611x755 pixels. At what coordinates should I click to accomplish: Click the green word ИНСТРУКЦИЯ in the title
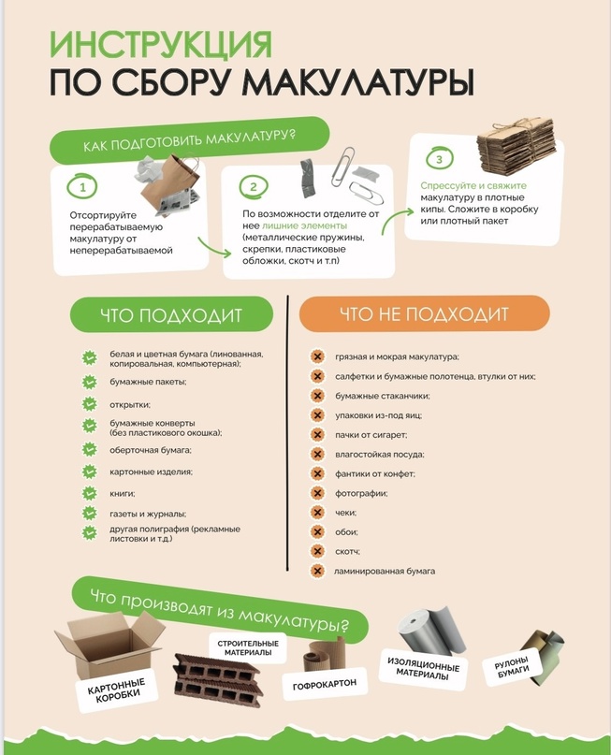161,45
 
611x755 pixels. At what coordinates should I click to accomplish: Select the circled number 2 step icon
254,187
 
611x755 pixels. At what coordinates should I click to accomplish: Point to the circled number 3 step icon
439,159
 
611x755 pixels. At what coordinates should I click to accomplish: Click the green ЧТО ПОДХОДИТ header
171,315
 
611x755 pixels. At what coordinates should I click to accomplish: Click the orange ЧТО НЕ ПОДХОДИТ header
424,314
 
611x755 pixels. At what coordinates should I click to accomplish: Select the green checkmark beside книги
90,494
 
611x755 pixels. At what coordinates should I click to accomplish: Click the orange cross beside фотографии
317,493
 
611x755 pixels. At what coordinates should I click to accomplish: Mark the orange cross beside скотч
317,551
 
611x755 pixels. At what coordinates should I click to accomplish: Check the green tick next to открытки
90,404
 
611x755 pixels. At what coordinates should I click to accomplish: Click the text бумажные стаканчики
383,396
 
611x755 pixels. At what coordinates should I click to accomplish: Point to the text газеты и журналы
148,514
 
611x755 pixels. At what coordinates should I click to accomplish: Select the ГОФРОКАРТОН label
325,683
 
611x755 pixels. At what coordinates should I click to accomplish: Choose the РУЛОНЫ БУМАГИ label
511,667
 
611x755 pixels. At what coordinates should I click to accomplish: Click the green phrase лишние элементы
304,225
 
